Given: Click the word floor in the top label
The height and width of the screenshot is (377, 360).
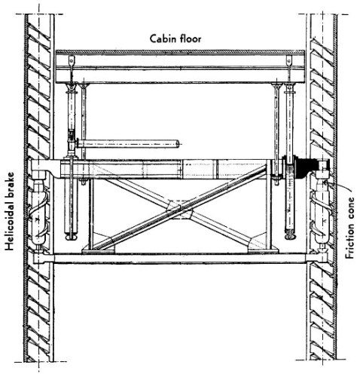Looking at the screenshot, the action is [191, 39].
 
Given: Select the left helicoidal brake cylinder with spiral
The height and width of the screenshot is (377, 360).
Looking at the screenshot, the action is [38, 213].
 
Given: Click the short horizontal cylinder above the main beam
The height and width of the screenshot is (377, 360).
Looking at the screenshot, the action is [129, 144].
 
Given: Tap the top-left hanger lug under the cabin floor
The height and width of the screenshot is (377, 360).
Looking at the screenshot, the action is [72, 60].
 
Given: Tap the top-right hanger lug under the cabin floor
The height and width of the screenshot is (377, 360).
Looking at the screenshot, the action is [289, 60].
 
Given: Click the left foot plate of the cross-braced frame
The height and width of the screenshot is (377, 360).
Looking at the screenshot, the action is [99, 250].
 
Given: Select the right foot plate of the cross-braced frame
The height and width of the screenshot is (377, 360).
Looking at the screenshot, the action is [263, 250].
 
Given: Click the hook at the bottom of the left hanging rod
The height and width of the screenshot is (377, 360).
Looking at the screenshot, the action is [72, 237].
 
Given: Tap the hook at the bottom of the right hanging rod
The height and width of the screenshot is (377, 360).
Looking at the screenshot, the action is [291, 236].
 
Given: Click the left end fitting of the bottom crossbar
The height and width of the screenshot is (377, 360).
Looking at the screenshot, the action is [39, 258].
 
